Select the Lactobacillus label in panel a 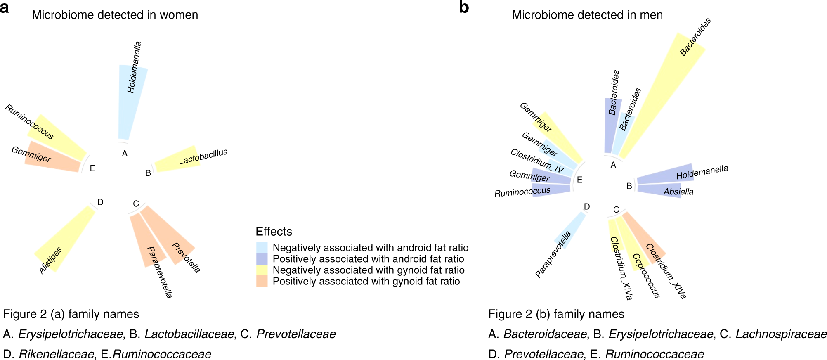203,157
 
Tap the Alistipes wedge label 50,260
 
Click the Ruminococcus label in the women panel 29,122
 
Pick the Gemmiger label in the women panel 31,154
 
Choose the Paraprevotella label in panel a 160,272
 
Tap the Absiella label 678,192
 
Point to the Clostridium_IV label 537,161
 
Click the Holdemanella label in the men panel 702,173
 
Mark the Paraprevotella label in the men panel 553,254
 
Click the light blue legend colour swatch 262,248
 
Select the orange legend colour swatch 262,281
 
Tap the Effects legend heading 274,232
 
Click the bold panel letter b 464,7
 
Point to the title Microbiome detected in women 115,15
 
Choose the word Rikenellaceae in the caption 57,354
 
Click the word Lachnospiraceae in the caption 781,334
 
